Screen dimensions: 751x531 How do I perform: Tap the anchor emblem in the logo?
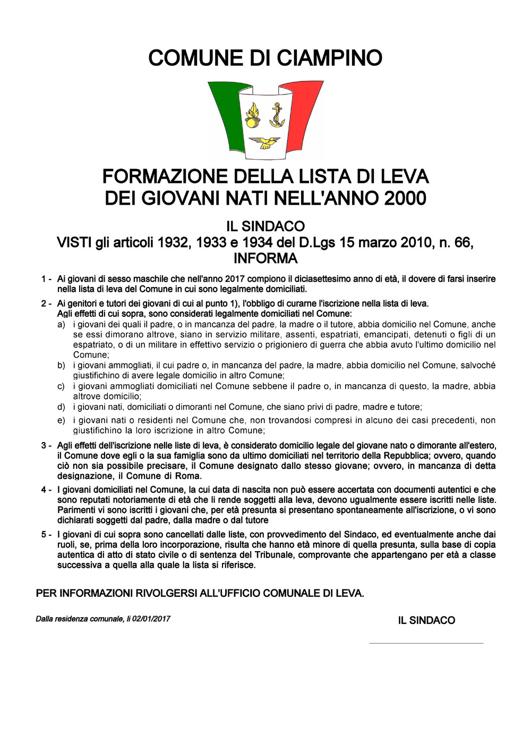click(x=276, y=115)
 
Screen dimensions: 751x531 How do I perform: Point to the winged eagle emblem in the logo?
click(x=264, y=142)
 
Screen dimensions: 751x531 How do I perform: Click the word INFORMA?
click(x=265, y=259)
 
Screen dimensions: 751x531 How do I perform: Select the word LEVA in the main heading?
click(x=405, y=176)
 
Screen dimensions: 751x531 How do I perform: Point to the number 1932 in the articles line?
click(x=173, y=243)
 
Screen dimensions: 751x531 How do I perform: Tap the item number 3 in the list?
click(x=44, y=445)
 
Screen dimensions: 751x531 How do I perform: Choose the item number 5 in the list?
click(x=44, y=535)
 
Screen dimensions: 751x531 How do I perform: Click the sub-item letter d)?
click(x=61, y=407)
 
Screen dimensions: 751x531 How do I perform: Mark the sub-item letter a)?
click(x=61, y=324)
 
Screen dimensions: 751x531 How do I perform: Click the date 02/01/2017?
click(x=151, y=619)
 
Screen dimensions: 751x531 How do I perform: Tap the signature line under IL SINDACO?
click(x=426, y=643)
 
